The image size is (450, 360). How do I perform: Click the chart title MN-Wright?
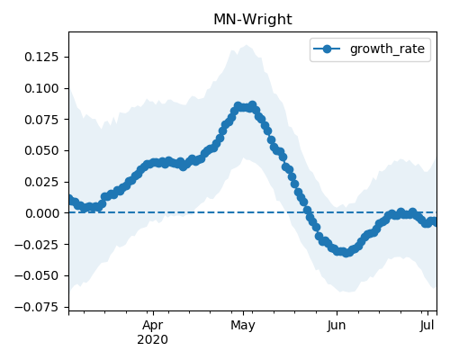253,20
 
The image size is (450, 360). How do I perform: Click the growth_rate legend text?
387,49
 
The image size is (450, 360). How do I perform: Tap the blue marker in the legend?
327,49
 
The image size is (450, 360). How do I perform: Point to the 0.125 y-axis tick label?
41,57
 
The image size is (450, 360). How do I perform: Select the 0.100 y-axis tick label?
41,88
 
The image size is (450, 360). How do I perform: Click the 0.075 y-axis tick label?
41,120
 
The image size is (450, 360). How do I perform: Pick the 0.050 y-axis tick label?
41,150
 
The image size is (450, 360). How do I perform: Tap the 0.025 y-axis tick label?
41,182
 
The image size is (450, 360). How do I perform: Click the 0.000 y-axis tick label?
41,213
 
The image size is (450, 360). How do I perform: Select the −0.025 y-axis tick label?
37,245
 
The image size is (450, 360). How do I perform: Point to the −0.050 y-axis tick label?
37,275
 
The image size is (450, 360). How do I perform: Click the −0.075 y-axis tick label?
37,307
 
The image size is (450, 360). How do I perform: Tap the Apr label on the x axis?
153,325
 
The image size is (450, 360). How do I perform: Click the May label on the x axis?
243,325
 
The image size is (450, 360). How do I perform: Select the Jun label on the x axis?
337,325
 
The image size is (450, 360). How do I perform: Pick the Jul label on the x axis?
427,325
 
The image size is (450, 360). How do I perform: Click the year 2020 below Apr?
152,340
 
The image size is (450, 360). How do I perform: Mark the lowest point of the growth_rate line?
346,253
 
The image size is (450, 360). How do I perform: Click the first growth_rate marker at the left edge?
71,199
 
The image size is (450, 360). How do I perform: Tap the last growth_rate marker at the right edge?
435,222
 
